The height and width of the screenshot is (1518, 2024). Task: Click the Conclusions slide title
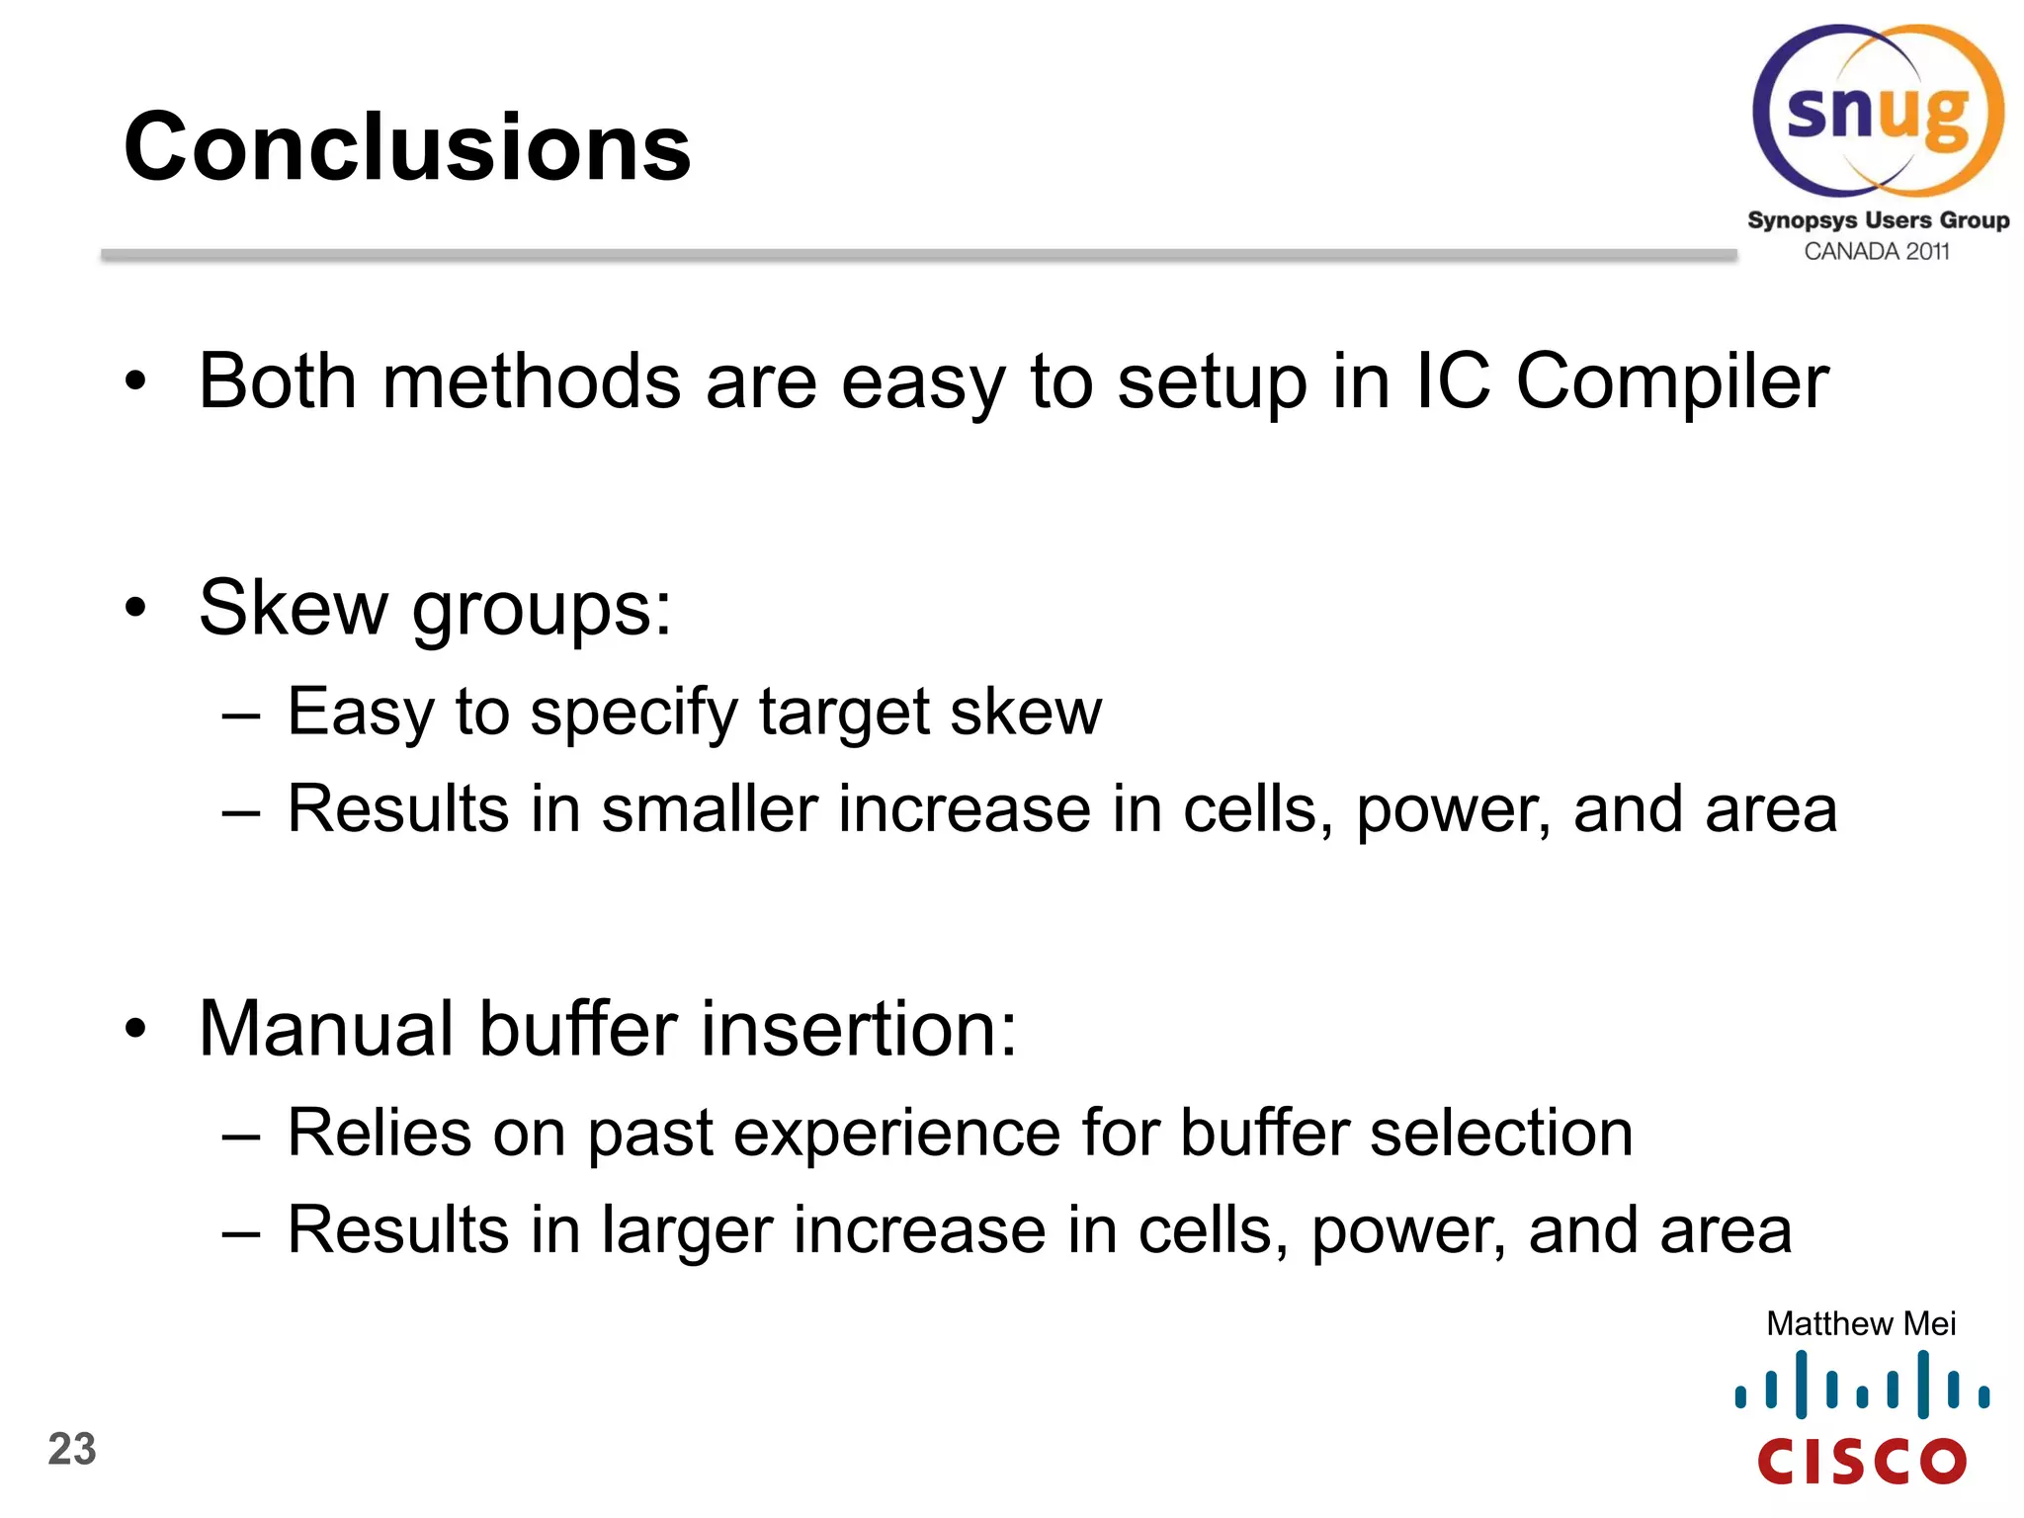coord(406,148)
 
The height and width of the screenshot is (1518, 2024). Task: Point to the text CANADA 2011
coord(1876,252)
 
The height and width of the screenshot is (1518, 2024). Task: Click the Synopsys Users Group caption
coord(1878,219)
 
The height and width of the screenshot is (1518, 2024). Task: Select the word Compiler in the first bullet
coord(1672,383)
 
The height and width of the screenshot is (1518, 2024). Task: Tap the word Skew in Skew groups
coord(293,607)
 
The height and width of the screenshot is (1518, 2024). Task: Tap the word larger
coord(686,1231)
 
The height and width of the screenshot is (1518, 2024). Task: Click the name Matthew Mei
coord(1860,1323)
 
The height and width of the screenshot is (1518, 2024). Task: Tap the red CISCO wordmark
coord(1862,1461)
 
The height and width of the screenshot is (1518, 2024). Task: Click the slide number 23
coord(72,1450)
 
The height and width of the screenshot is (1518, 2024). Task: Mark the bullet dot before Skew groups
coord(135,608)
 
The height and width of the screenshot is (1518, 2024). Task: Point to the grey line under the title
coord(919,255)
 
